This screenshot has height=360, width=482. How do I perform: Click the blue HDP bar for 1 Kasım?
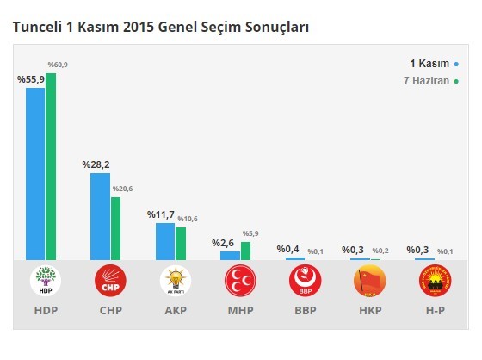35,173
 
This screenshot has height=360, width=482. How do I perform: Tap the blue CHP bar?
100,216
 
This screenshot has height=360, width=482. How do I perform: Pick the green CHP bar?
115,228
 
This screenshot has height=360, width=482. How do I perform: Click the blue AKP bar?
164,241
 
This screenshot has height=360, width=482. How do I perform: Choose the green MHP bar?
245,251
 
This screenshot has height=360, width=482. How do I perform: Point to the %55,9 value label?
31,78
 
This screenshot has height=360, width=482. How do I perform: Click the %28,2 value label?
96,164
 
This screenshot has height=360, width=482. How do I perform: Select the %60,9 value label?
56,65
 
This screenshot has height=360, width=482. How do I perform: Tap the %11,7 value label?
161,214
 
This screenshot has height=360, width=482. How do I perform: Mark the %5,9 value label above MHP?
250,233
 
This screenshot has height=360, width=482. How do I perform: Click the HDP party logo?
46,281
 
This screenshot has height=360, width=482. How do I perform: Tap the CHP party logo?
110,281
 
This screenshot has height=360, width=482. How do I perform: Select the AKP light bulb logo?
175,281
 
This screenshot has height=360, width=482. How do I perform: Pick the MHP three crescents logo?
240,281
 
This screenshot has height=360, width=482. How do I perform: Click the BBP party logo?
305,281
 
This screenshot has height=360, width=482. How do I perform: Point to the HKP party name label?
369,310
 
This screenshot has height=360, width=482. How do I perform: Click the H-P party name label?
434,310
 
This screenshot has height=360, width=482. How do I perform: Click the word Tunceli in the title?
39,28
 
